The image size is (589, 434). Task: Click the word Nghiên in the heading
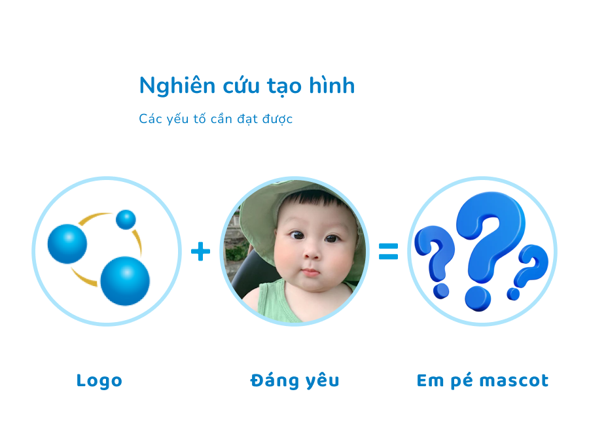177,86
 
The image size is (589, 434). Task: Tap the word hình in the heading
332,85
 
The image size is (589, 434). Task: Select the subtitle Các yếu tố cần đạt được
215,119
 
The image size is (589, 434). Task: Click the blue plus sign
201,251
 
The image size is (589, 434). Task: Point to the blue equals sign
388,251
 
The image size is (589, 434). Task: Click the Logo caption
99,381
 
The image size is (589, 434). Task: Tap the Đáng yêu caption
295,380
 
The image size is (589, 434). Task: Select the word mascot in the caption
514,380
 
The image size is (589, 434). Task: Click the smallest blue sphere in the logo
126,219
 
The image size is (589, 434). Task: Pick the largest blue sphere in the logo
125,281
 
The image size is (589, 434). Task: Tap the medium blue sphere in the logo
67,244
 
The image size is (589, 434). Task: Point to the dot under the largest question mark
478,299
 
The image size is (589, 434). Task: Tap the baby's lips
310,272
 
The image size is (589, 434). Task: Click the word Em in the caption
431,380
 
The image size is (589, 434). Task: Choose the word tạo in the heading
285,86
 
